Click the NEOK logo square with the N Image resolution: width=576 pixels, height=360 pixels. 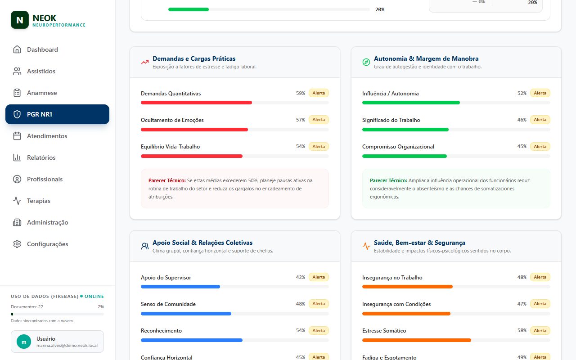(x=20, y=20)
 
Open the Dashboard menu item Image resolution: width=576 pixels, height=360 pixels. (x=42, y=49)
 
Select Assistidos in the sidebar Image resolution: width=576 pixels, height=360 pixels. (x=41, y=71)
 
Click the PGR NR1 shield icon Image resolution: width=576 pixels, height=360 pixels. (x=17, y=114)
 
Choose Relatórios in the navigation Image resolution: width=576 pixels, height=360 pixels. (x=41, y=157)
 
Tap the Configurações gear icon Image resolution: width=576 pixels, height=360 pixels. (x=17, y=244)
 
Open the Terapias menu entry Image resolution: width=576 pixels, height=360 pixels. (x=39, y=201)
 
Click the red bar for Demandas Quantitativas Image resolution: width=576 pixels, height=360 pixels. (x=196, y=103)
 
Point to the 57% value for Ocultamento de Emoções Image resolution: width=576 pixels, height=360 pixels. (x=300, y=120)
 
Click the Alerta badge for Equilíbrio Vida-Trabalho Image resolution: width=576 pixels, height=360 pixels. (x=319, y=146)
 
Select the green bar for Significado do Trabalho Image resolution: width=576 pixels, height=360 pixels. (x=405, y=129)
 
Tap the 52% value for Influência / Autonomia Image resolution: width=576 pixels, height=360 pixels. (x=522, y=93)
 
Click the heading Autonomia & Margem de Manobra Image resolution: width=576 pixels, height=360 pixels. (x=426, y=58)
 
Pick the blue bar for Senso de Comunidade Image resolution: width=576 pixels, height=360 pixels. (x=186, y=314)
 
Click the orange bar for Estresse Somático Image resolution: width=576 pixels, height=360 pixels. (x=417, y=340)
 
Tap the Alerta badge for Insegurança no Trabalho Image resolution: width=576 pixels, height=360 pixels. (x=540, y=277)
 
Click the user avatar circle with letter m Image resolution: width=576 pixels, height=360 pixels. (x=24, y=342)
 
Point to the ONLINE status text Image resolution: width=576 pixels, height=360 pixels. (x=94, y=296)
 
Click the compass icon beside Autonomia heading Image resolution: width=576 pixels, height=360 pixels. (x=366, y=62)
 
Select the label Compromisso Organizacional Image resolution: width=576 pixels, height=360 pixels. (x=398, y=147)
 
